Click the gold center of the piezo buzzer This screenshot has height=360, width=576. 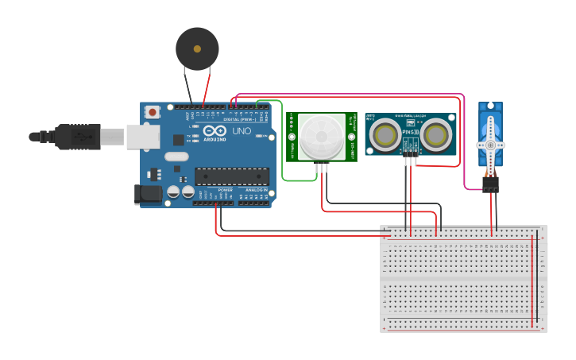point(197,48)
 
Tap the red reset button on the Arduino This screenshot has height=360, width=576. point(151,113)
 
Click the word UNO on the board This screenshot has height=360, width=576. point(241,131)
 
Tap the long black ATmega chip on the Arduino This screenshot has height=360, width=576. point(231,176)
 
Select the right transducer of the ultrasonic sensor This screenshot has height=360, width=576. point(435,134)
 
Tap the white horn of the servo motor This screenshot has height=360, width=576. point(490,145)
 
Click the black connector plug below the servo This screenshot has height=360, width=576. point(490,184)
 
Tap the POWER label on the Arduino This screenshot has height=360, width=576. point(225,190)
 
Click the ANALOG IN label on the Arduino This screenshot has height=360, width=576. point(256,190)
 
